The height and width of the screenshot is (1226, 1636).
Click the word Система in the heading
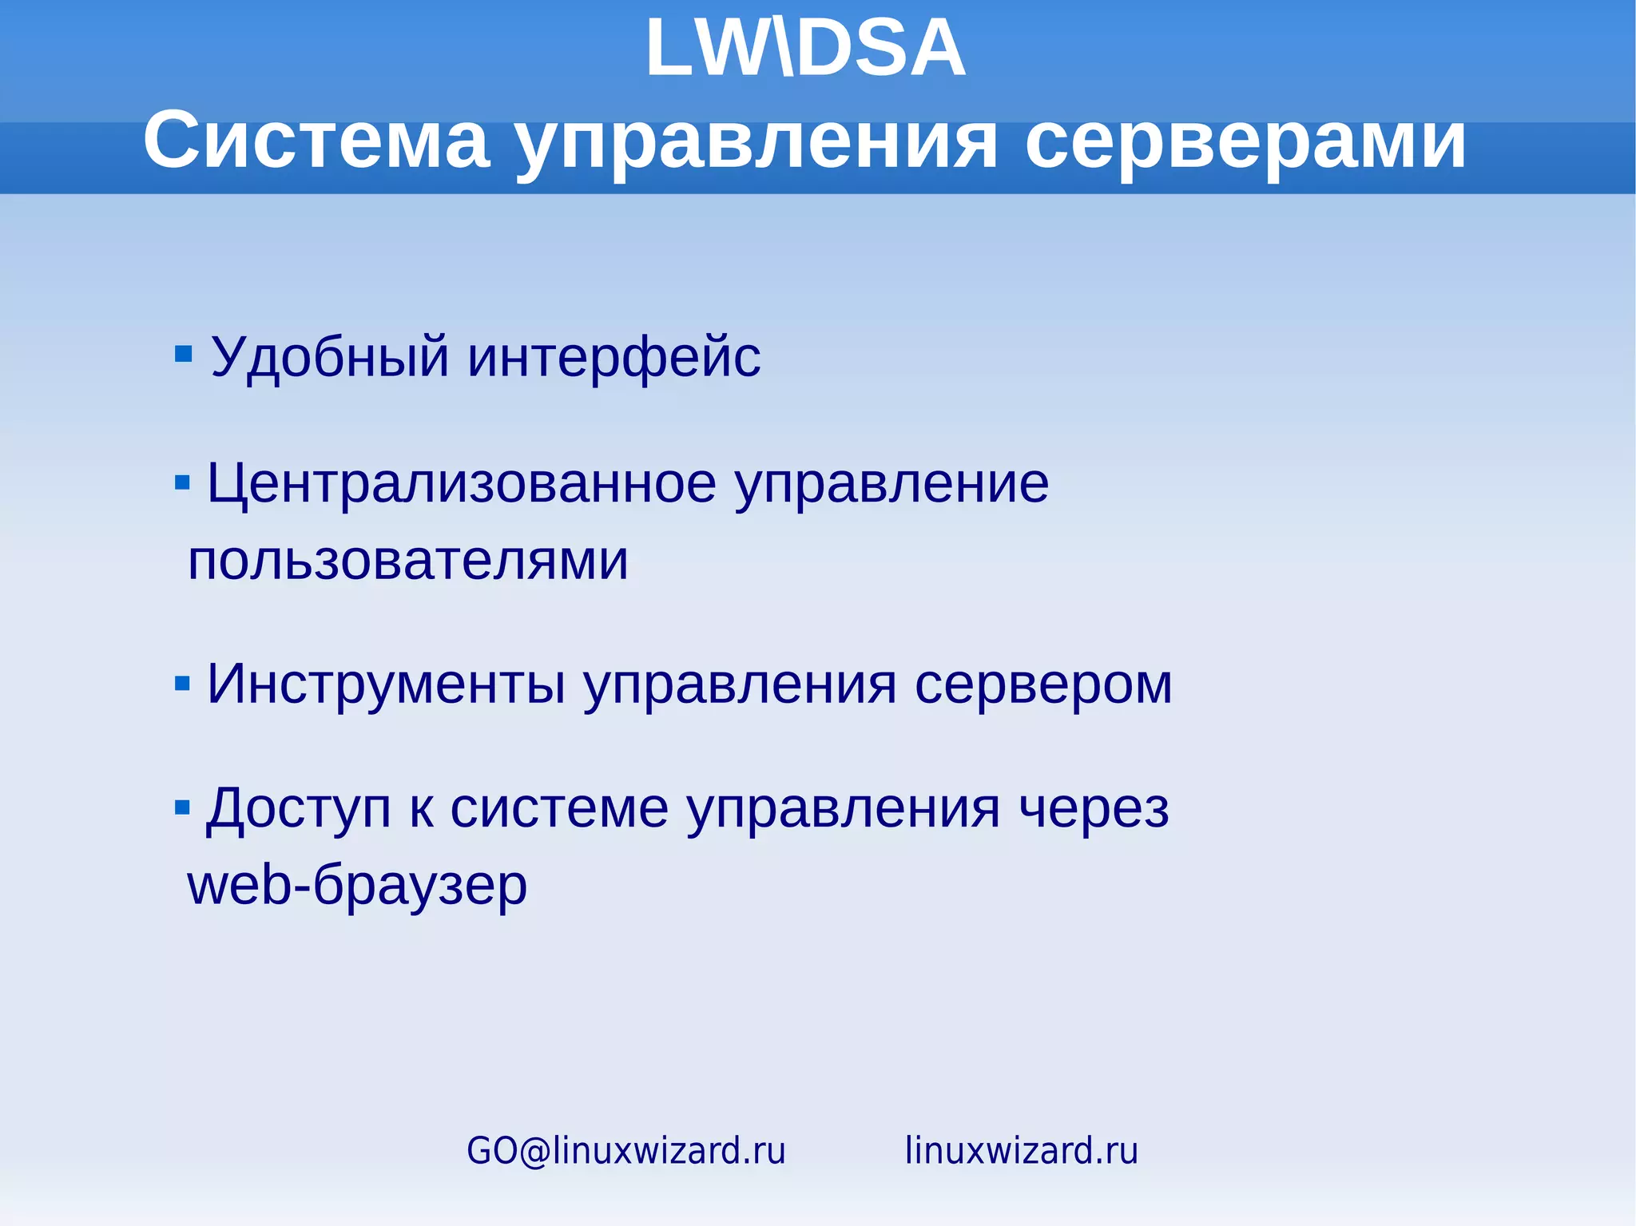316,141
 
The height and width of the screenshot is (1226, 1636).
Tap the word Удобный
329,357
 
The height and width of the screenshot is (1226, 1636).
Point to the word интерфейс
613,357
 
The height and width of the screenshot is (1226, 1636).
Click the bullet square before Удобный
184,353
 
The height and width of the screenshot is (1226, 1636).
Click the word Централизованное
462,484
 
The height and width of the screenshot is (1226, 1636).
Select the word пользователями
407,561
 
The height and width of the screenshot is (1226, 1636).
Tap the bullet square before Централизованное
182,482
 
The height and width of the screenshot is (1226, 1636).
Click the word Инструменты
386,684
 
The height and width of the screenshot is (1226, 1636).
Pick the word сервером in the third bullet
1042,684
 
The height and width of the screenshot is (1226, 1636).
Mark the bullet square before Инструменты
182,684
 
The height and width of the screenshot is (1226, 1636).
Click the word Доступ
299,810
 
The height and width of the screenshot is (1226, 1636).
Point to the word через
1094,810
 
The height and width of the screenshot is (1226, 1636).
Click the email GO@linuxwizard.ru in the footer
626,1151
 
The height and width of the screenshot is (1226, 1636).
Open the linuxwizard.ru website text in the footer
1021,1151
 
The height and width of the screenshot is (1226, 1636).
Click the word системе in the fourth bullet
559,810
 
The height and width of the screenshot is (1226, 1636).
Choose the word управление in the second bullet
891,484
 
